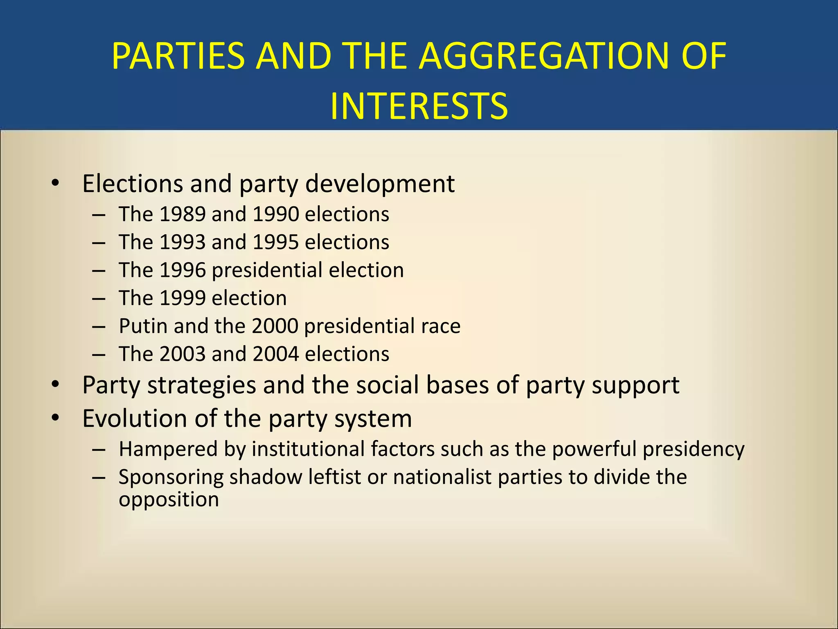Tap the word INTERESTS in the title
[419, 106]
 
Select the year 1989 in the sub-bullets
[182, 214]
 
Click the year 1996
[182, 270]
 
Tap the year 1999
[182, 298]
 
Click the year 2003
[182, 354]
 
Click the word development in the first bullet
[380, 183]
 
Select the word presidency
[693, 449]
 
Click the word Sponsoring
[171, 477]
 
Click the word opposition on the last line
[169, 500]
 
